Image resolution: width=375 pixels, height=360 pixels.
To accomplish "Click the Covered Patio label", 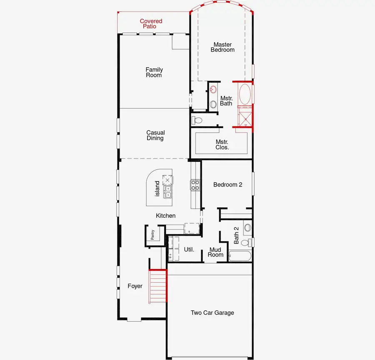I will [x=151, y=24].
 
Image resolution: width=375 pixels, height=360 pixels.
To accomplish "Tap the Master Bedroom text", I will [x=222, y=47].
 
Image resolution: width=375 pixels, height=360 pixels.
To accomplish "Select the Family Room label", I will [x=154, y=73].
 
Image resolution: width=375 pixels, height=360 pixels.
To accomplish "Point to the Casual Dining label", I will [x=155, y=136].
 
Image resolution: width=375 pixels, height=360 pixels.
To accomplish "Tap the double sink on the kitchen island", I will [x=168, y=191].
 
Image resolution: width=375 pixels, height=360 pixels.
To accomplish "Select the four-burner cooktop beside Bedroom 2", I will [x=195, y=185].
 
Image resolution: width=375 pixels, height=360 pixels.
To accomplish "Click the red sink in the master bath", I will [x=213, y=89].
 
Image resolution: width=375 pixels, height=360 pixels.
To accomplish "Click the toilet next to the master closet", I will [x=197, y=121].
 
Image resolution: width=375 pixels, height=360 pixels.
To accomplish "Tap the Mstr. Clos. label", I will [x=222, y=144].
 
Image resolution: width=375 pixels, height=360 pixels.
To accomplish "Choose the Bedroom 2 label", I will [x=227, y=184].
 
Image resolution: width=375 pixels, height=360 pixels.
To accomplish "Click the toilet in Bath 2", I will [x=245, y=242].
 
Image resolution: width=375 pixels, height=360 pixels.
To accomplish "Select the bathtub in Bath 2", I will [x=239, y=256].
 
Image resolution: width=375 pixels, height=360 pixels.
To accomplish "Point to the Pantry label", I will [x=152, y=235].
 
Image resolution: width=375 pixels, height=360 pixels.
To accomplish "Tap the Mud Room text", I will [x=216, y=252].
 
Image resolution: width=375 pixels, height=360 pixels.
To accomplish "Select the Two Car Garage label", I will [x=212, y=313].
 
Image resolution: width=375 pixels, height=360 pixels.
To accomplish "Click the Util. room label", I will [x=189, y=249].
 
